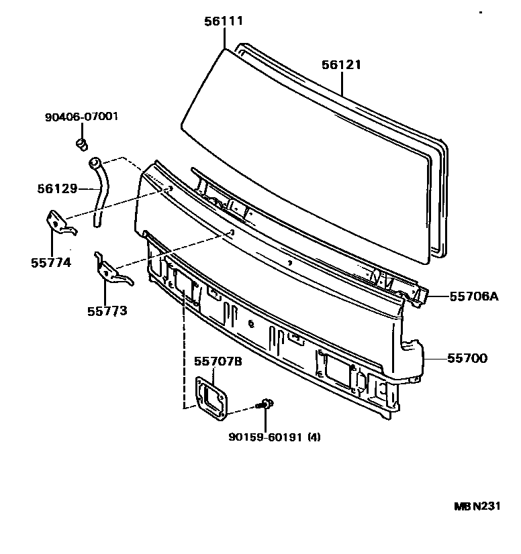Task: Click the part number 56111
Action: pyautogui.click(x=224, y=21)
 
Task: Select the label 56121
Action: pyautogui.click(x=341, y=65)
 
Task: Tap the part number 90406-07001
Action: pyautogui.click(x=82, y=117)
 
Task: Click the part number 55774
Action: pyautogui.click(x=50, y=263)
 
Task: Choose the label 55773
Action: pyautogui.click(x=107, y=311)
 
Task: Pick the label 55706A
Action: pyautogui.click(x=474, y=296)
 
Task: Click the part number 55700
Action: pyautogui.click(x=468, y=358)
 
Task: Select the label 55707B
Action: pyautogui.click(x=218, y=362)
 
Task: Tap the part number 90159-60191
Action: pyautogui.click(x=265, y=438)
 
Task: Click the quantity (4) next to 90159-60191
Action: pyautogui.click(x=313, y=438)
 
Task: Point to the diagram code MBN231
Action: pyautogui.click(x=475, y=506)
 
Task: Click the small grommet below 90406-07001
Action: pyautogui.click(x=82, y=143)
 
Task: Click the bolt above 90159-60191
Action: pyautogui.click(x=267, y=404)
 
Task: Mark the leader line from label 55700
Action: pyautogui.click(x=436, y=358)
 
